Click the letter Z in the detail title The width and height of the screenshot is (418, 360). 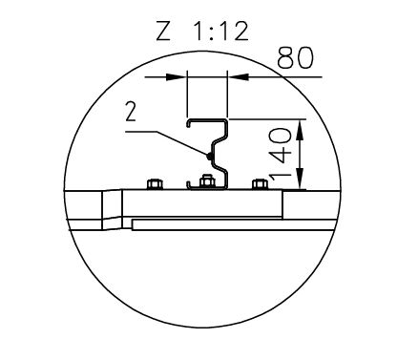pos(163,31)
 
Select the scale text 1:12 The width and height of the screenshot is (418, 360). pos(221,31)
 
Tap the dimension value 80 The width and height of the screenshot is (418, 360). pos(295,58)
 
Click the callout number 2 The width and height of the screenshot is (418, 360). pos(131,112)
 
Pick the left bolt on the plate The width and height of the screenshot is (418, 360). pos(155,184)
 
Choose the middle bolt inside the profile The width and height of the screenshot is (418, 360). pos(206,181)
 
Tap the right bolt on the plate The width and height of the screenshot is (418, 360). pos(260,184)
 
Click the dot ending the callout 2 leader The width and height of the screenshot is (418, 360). pos(209,156)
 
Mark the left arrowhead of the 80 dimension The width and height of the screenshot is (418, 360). pos(176,76)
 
